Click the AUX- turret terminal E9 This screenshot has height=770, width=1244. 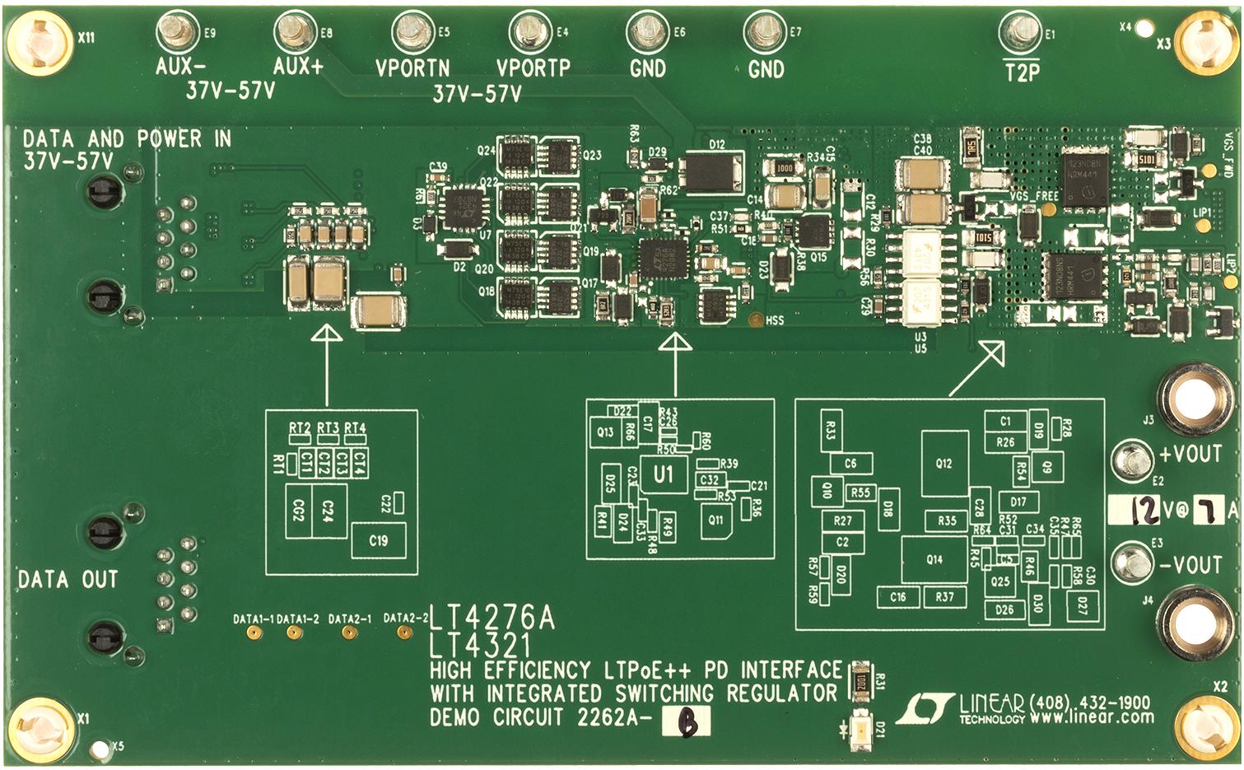pos(174,33)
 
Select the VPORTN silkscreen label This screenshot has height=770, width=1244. pos(412,68)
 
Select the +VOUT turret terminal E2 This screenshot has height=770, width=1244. pos(1133,458)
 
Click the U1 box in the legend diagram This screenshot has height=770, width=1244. pos(663,474)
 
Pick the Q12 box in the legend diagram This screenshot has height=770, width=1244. pos(944,463)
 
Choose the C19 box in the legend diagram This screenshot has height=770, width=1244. pos(378,541)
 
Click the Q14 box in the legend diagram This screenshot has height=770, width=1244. pos(934,559)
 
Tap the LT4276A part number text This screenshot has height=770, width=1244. pos(492,618)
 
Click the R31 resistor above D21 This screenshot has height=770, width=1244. pos(860,681)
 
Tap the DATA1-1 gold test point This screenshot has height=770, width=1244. pos(255,632)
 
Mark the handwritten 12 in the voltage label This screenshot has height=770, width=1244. pos(1144,511)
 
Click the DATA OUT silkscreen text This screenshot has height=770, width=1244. pos(68,580)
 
